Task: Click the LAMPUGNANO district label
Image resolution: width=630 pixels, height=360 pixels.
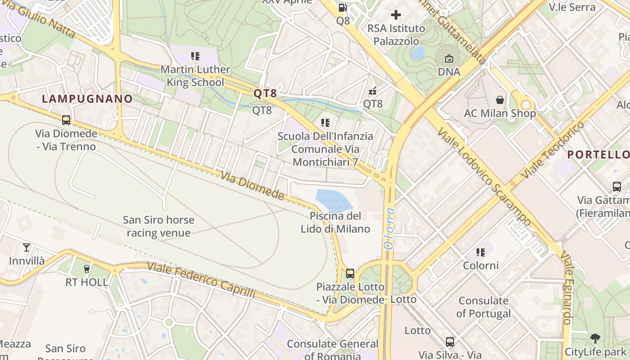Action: (x=87, y=99)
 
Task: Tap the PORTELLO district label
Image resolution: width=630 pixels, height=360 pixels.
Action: (x=598, y=154)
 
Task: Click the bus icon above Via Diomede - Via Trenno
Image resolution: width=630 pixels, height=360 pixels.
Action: (x=66, y=120)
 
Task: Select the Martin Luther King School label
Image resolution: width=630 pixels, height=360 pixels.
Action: (x=195, y=76)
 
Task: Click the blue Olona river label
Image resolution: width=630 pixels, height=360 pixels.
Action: (x=388, y=229)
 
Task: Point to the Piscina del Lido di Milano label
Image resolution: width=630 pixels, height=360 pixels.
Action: (x=335, y=222)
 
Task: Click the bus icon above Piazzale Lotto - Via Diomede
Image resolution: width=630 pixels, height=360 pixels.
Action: (x=350, y=273)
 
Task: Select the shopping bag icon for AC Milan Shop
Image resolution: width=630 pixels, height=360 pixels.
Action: (x=499, y=99)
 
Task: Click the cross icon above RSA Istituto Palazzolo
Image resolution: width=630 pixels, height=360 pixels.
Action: (x=396, y=15)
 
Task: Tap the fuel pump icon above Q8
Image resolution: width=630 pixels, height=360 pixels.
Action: (x=342, y=8)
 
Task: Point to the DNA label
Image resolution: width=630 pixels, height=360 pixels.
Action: (x=449, y=72)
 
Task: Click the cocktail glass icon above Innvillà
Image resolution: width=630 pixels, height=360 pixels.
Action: (x=27, y=247)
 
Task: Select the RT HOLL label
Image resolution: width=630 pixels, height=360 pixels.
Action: (x=87, y=282)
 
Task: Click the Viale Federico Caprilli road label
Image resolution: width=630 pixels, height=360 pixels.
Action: (x=201, y=280)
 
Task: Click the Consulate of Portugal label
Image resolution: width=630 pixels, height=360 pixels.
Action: (x=483, y=307)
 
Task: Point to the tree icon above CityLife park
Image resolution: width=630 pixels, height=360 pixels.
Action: (x=595, y=338)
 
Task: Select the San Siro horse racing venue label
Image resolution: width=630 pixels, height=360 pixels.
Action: (x=158, y=226)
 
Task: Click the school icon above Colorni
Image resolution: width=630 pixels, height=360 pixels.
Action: (x=481, y=252)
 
